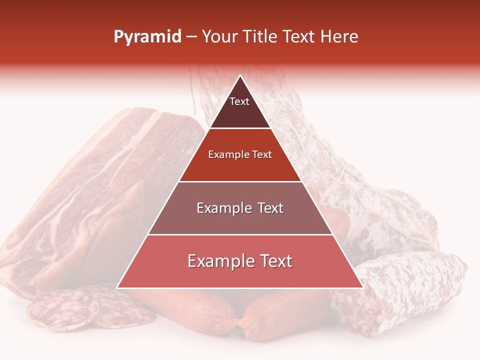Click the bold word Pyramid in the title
tap(147, 37)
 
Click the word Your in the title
tap(218, 37)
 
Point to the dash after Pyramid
tap(191, 37)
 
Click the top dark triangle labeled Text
tap(240, 107)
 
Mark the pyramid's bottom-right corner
tap(362, 287)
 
